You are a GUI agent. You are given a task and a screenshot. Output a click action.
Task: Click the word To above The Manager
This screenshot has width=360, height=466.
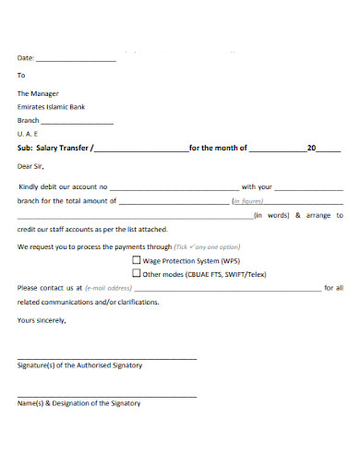(x=21, y=75)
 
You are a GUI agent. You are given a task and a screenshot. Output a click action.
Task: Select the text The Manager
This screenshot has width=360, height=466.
(x=38, y=93)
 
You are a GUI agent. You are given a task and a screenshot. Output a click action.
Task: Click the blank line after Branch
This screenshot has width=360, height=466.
(x=78, y=122)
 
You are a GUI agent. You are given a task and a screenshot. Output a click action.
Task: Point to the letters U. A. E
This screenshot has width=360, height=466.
(x=29, y=134)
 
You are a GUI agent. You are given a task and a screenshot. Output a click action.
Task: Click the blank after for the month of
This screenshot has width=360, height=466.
(x=277, y=149)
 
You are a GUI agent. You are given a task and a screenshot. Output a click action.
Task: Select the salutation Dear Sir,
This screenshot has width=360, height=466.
(x=31, y=167)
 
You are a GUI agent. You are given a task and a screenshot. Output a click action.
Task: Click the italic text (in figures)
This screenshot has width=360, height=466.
(x=248, y=200)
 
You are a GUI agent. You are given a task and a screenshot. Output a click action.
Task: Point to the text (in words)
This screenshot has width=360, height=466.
(x=271, y=215)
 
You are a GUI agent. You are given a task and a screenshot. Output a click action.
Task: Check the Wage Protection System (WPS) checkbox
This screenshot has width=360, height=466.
(x=138, y=261)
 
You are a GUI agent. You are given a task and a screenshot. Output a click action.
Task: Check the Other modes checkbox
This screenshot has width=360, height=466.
(x=138, y=274)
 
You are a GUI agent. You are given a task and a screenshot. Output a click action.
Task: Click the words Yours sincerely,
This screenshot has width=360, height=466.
(x=42, y=320)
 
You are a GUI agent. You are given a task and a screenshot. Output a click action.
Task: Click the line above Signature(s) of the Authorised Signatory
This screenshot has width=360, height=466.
(x=107, y=357)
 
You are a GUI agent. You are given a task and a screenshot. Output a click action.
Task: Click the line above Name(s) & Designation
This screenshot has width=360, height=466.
(x=107, y=396)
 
